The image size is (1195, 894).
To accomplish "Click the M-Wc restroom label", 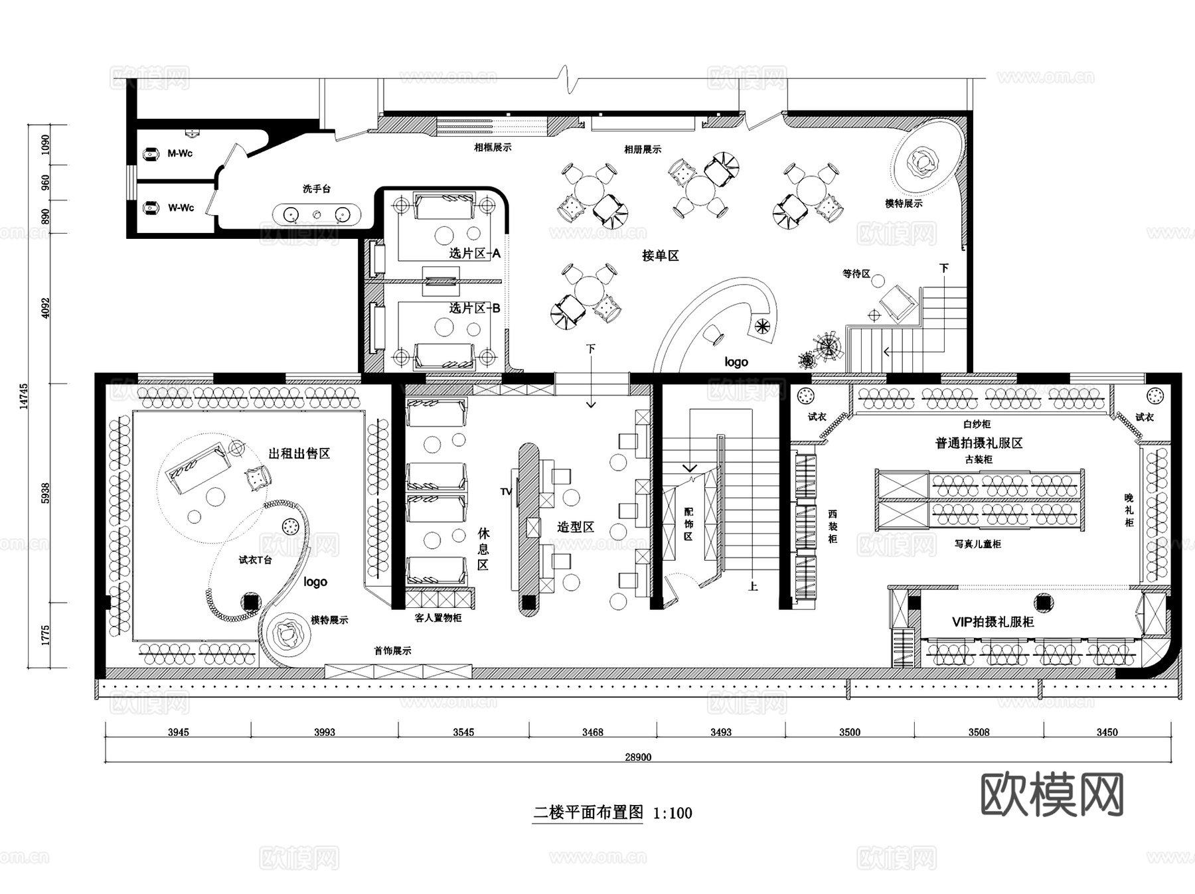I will pyautogui.click(x=180, y=153).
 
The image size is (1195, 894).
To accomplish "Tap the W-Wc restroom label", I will pyautogui.click(x=181, y=208).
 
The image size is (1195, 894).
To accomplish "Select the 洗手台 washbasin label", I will pyautogui.click(x=317, y=189).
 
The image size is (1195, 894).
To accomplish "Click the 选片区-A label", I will pyautogui.click(x=475, y=254).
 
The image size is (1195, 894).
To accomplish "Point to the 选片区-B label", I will pyautogui.click(x=475, y=308).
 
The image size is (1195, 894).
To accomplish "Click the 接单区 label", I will pyautogui.click(x=661, y=256).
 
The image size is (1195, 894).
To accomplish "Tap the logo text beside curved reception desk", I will pyautogui.click(x=736, y=362).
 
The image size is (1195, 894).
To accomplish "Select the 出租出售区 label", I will pyautogui.click(x=299, y=453).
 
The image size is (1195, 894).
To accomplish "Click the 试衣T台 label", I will pyautogui.click(x=256, y=560).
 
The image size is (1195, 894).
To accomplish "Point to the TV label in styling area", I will pyautogui.click(x=506, y=492).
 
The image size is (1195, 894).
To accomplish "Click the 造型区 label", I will pyautogui.click(x=576, y=527).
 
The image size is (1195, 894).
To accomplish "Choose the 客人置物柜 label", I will pyautogui.click(x=438, y=618).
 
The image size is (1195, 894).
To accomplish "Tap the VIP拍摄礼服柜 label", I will pyautogui.click(x=993, y=622).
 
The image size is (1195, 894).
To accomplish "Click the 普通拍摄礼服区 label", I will pyautogui.click(x=979, y=443).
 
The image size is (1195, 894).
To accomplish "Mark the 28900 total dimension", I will pyautogui.click(x=638, y=757).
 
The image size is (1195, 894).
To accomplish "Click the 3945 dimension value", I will pyautogui.click(x=178, y=732).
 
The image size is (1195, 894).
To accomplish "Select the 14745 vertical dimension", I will pyautogui.click(x=24, y=396).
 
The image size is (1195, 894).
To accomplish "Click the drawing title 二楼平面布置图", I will pyautogui.click(x=588, y=812).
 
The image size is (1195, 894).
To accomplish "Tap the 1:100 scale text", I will pyautogui.click(x=673, y=813).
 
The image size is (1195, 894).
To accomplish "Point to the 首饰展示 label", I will pyautogui.click(x=392, y=650).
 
